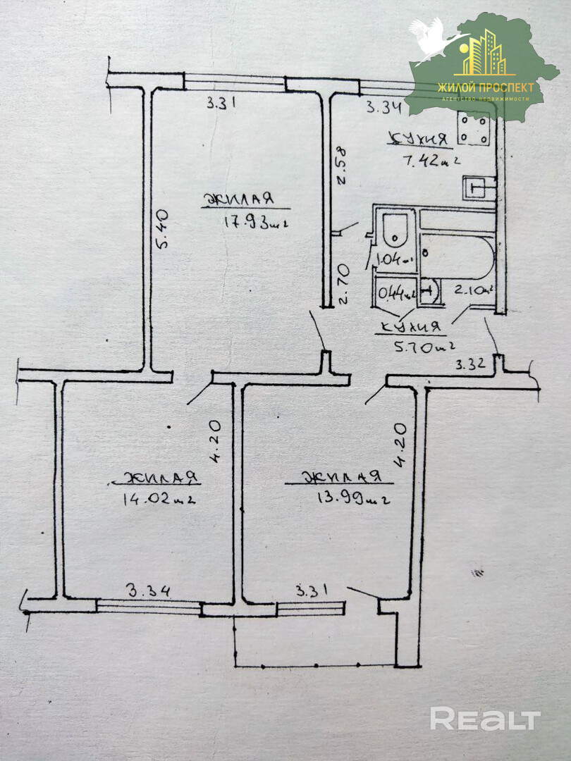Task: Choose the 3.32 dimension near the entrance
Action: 469,365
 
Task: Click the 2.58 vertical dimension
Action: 340,163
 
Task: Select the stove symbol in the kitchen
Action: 473,129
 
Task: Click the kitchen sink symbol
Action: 477,187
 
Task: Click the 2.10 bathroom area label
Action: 472,290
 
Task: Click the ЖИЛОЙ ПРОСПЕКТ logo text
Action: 486,87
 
